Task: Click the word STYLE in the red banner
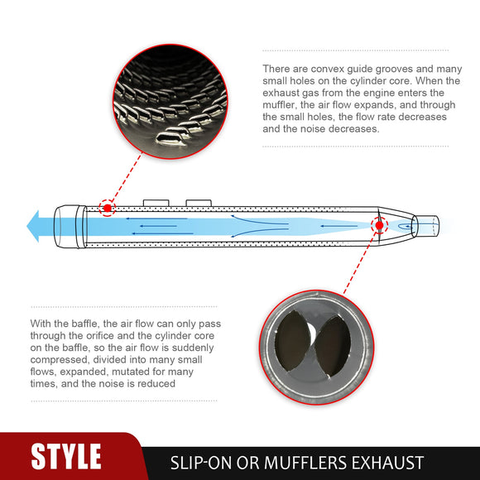66,456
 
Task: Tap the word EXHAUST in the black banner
387,463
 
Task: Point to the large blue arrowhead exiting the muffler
33,226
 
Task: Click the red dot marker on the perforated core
107,209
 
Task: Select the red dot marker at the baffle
380,226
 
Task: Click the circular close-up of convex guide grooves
170,101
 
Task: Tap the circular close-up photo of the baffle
316,348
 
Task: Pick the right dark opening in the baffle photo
333,346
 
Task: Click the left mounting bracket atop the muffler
156,203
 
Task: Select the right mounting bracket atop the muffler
199,203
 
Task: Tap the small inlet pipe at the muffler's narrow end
425,226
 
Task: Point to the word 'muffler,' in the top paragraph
280,105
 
